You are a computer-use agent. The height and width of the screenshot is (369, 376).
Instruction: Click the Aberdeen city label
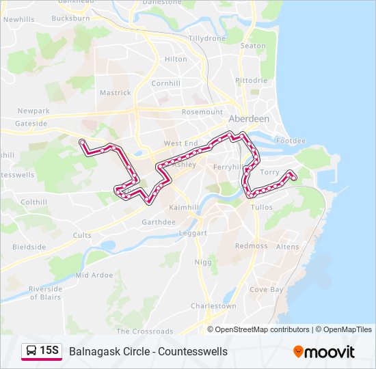249,118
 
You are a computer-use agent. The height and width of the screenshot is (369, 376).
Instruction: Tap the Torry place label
270,173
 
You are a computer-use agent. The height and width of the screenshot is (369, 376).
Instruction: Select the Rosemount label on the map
202,112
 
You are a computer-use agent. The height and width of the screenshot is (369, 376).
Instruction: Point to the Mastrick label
116,93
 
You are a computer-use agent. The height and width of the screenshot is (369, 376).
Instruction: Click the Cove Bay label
266,290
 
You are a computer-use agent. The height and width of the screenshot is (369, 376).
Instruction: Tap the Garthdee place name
159,222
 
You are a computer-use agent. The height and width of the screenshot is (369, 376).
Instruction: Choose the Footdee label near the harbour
291,141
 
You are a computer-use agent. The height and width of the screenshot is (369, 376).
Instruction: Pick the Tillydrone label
206,38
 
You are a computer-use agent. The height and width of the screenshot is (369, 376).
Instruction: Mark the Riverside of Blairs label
46,293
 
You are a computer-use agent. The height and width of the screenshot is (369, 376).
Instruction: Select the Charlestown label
213,306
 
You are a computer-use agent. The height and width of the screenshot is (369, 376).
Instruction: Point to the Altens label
287,247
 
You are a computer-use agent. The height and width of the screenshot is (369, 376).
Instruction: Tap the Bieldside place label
29,247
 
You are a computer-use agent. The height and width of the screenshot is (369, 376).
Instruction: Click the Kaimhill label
183,207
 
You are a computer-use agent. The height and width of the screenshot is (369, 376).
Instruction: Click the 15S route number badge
49,351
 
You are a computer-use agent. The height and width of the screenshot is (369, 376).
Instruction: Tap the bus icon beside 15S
31,351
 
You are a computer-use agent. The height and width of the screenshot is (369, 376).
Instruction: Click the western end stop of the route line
82,141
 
